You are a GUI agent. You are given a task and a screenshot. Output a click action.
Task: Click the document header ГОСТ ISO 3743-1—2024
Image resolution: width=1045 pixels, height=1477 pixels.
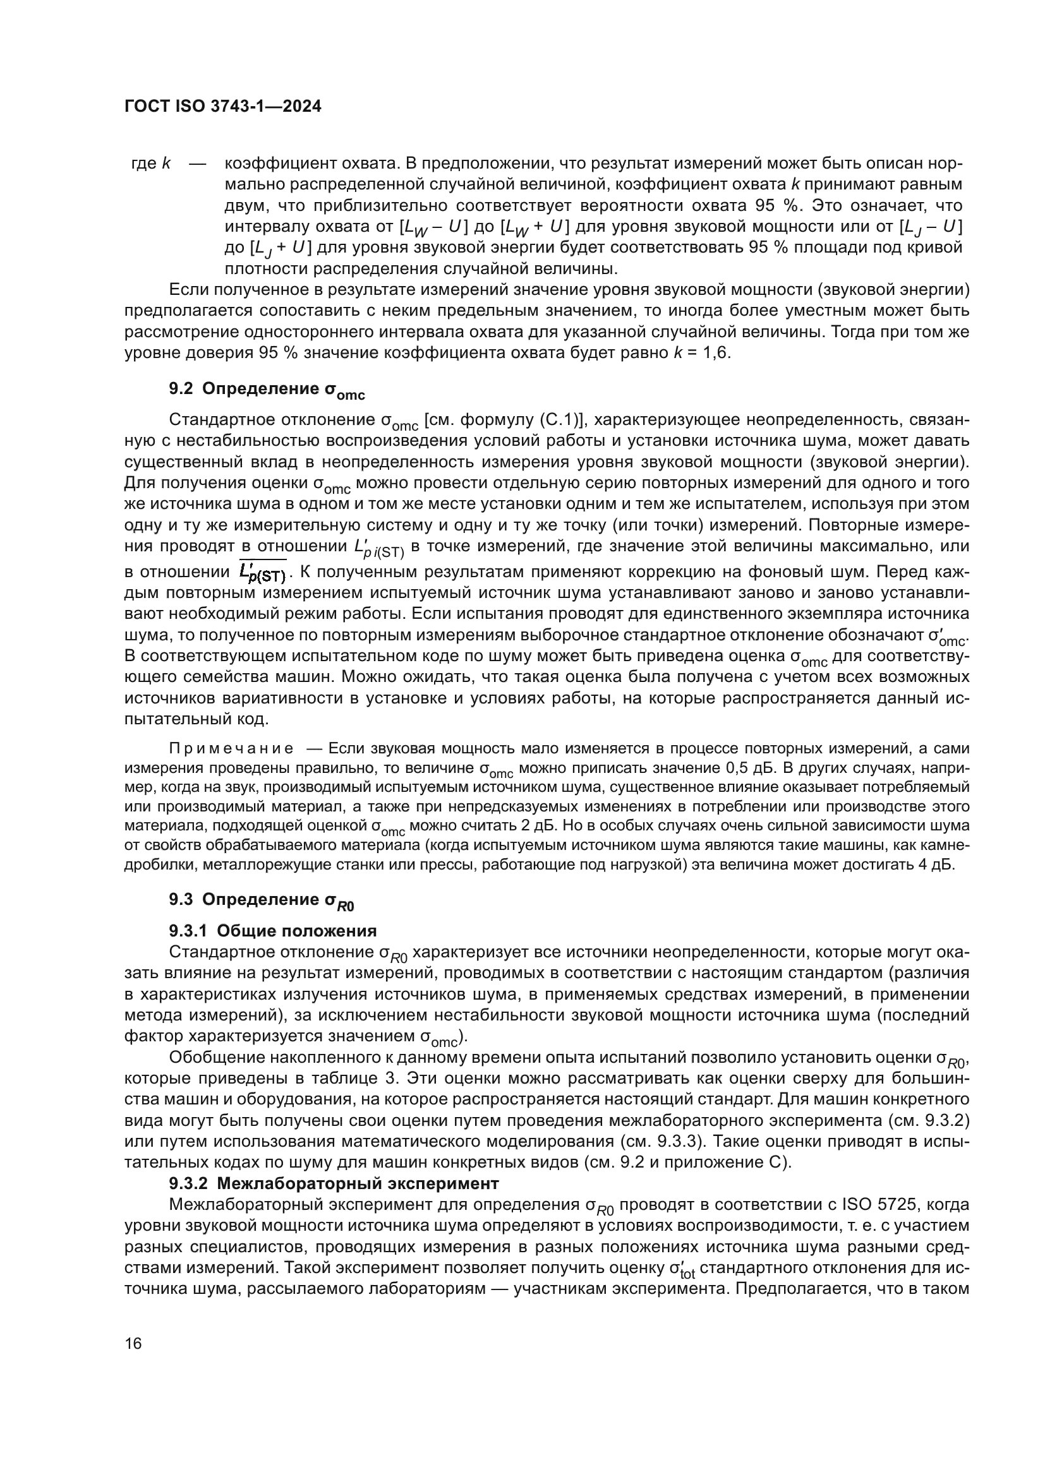coord(222,107)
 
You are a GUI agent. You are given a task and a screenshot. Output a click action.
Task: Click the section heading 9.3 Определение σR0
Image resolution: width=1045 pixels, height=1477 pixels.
coord(262,900)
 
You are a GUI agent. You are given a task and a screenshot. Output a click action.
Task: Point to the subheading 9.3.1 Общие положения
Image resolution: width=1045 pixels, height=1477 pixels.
coord(273,931)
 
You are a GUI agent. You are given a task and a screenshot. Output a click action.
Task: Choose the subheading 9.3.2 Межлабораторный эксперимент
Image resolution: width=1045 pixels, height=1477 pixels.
coord(334,1183)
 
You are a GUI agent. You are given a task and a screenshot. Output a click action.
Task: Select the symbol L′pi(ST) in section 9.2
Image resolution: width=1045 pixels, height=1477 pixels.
coord(379,547)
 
